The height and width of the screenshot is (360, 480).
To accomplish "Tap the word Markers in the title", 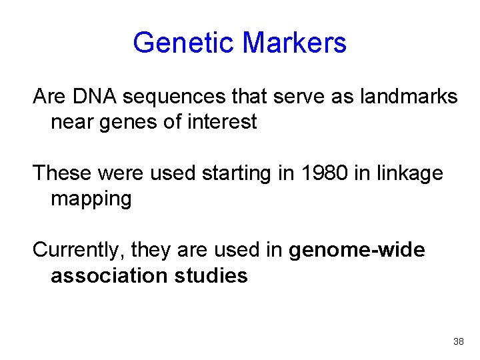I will tap(294, 43).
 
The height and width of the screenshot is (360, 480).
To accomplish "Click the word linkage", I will tap(409, 173).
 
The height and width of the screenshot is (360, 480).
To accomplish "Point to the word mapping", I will tap(91, 199).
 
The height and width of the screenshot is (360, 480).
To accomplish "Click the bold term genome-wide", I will tap(357, 250).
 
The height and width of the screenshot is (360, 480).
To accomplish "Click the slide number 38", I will tap(458, 341).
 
